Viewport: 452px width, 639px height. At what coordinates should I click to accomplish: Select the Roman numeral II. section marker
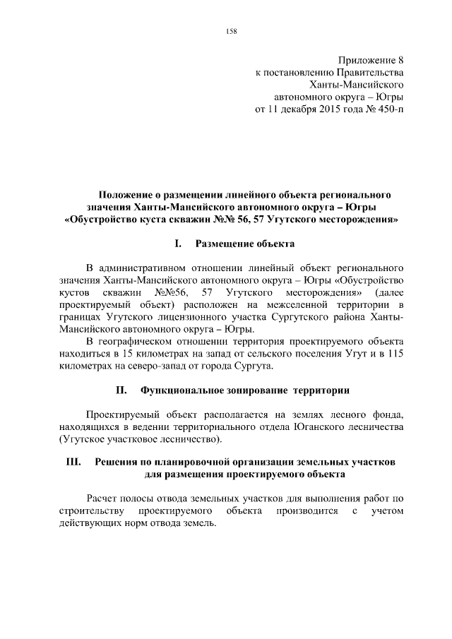point(120,390)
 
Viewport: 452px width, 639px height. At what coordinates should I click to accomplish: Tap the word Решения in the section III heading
point(118,462)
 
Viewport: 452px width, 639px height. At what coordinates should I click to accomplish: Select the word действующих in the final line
point(95,524)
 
